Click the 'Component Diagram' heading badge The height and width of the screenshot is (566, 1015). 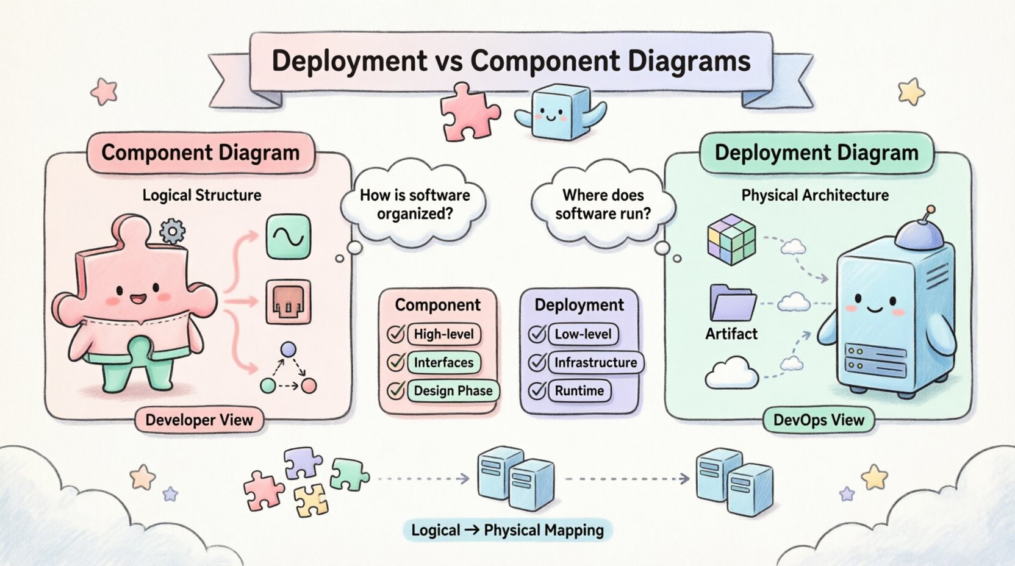click(200, 153)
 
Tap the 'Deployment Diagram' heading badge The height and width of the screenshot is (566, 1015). click(816, 153)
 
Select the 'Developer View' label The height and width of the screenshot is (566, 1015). click(199, 420)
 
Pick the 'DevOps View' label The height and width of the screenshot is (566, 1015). click(819, 420)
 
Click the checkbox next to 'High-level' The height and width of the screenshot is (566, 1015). click(396, 334)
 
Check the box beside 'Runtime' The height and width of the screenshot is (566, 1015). click(537, 390)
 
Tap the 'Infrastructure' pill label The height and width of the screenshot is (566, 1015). click(595, 362)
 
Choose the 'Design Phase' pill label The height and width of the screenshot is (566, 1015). click(453, 391)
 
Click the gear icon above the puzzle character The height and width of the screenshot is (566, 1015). click(172, 231)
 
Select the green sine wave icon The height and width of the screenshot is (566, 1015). click(289, 236)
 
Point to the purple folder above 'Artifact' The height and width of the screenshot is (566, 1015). click(732, 303)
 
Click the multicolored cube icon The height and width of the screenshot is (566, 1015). click(731, 242)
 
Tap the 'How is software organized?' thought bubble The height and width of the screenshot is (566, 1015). click(414, 204)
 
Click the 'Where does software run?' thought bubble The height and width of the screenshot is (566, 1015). click(603, 204)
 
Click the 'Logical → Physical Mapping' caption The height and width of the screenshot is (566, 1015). click(507, 530)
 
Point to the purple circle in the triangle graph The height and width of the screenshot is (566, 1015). click(288, 350)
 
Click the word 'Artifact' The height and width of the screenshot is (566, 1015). click(731, 334)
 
